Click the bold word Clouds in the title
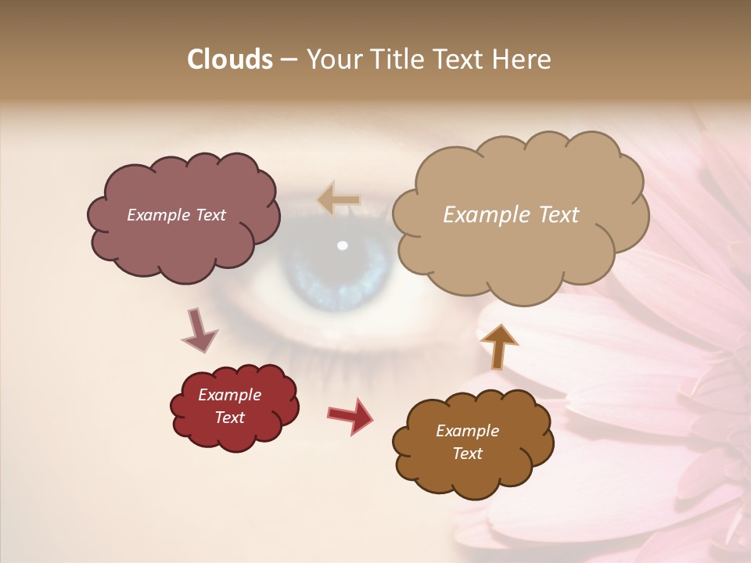point(230,59)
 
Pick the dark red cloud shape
point(235,434)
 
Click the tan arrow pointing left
point(339,200)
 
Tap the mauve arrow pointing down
point(199,331)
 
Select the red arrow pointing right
point(350,415)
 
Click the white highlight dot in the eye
point(342,246)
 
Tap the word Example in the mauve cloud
point(156,215)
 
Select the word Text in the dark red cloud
point(230,418)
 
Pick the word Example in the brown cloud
point(467,431)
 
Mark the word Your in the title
point(332,59)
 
